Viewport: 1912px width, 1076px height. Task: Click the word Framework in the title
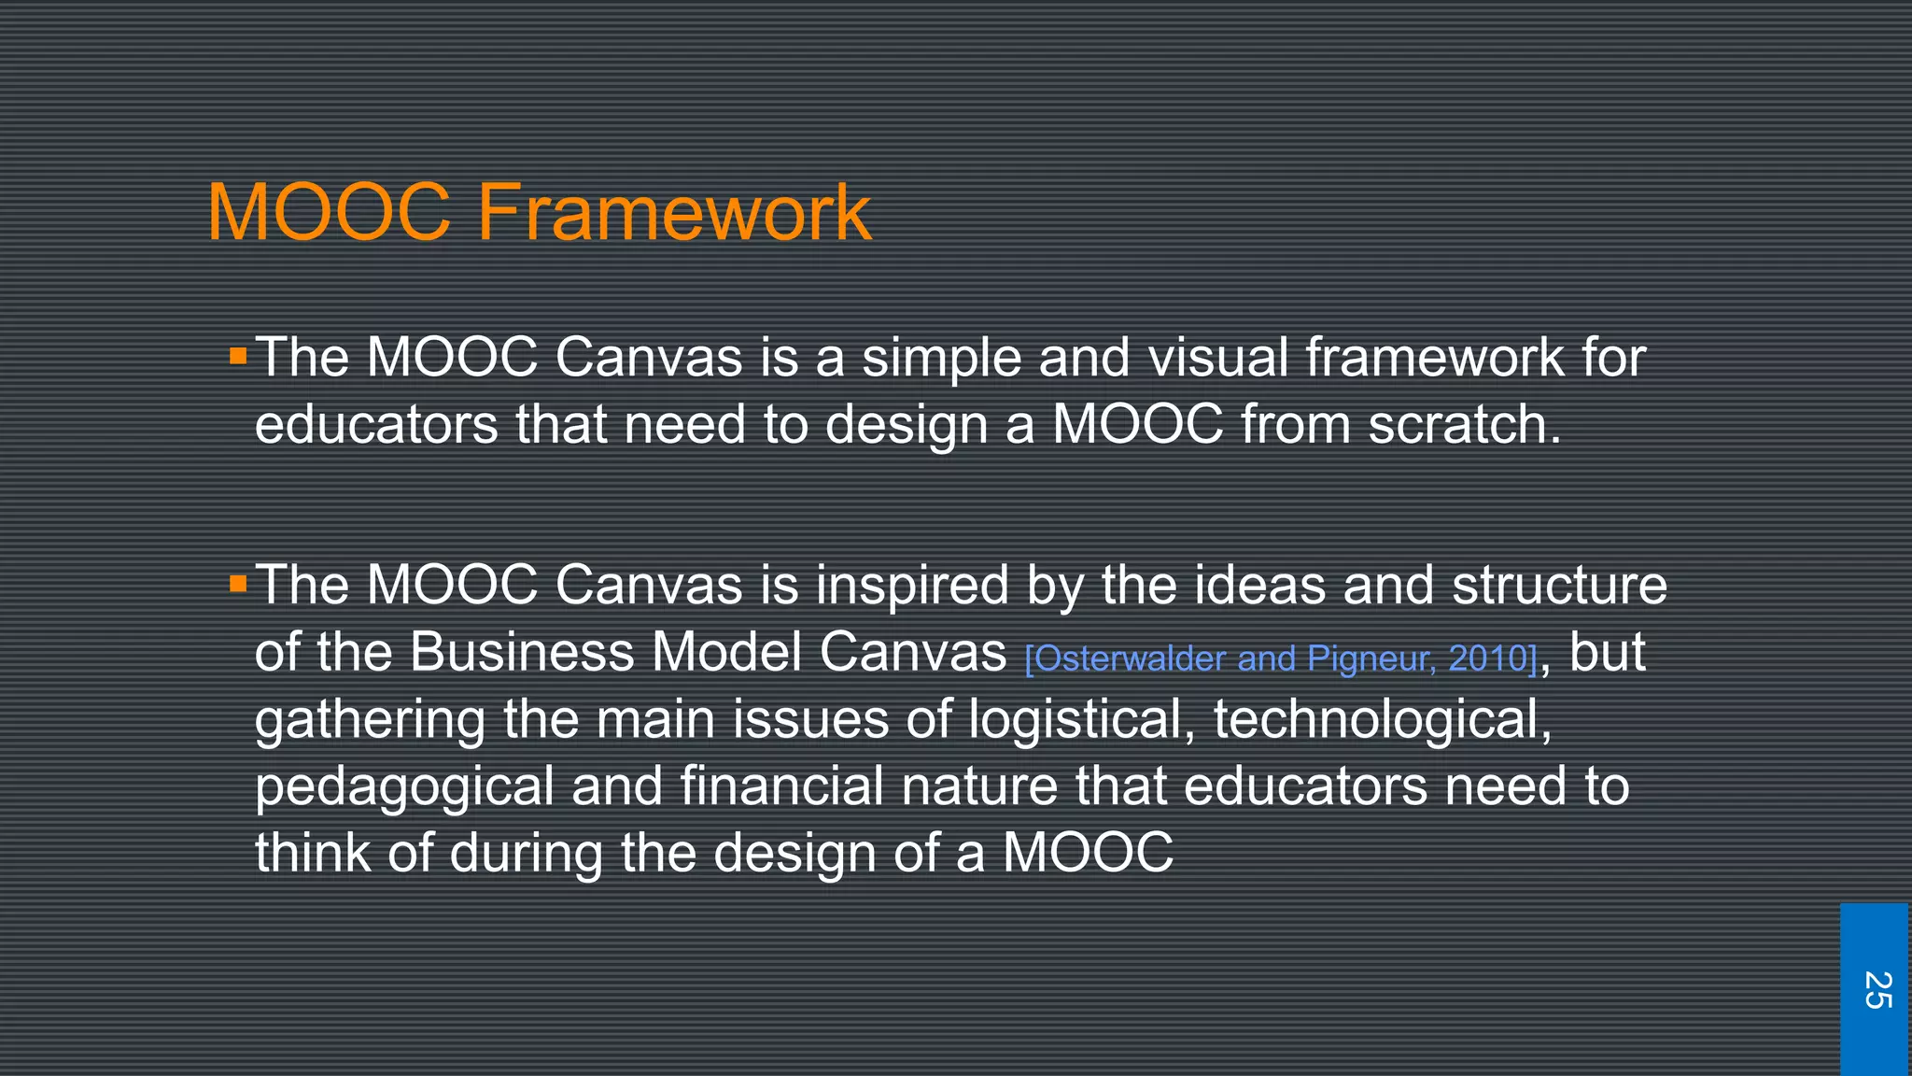[674, 213]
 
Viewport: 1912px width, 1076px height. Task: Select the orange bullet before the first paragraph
[238, 356]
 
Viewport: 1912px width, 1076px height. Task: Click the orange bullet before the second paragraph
[238, 585]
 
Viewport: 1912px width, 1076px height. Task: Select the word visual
[1217, 358]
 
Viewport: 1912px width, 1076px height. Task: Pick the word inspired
[912, 586]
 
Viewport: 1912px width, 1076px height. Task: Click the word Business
[522, 652]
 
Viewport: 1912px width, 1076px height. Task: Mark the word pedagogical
[404, 787]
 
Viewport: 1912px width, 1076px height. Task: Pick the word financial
[781, 786]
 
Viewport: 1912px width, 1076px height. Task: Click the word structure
[1559, 586]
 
